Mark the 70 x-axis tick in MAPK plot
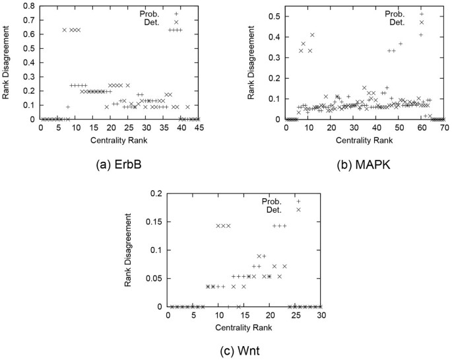point(443,128)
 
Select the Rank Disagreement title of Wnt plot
point(129,250)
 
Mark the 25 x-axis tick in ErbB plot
point(128,128)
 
